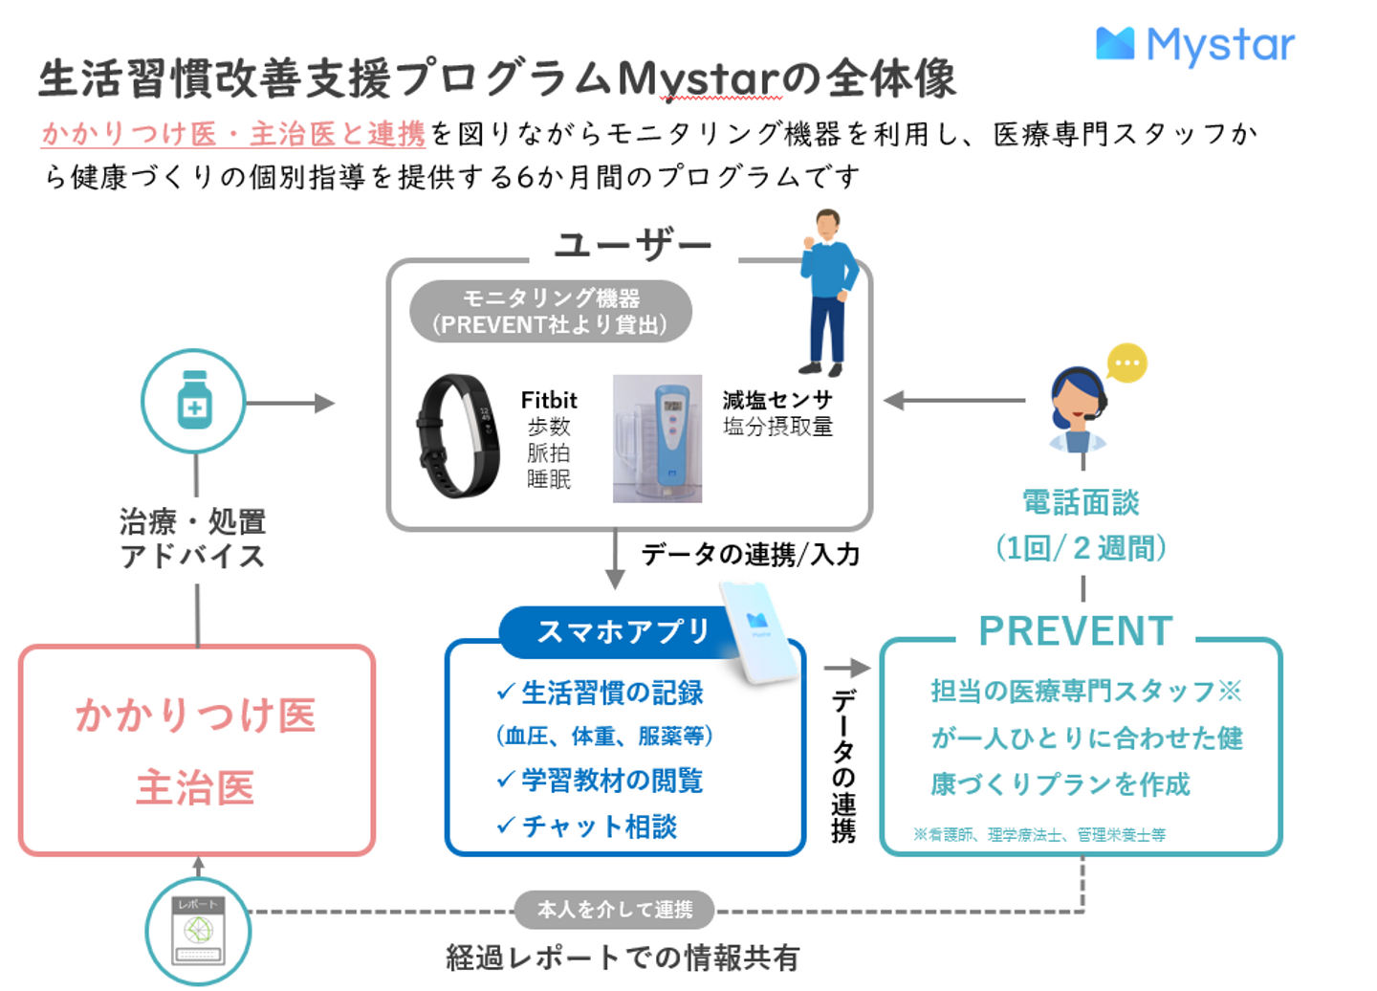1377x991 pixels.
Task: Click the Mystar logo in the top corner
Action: point(1194,45)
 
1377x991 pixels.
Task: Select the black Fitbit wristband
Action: point(456,436)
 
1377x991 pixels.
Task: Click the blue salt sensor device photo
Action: point(658,439)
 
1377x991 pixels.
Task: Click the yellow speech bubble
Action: point(1127,363)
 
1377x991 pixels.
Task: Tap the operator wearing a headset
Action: point(1077,409)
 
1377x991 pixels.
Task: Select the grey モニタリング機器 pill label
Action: point(551,312)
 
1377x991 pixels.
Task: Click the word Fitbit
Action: point(549,400)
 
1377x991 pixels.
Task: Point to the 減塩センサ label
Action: point(777,400)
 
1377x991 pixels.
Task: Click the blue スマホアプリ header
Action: point(623,631)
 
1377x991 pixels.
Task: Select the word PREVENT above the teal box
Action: point(1076,631)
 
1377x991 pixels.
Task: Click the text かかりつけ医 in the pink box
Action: point(196,715)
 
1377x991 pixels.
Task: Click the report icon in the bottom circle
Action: point(198,930)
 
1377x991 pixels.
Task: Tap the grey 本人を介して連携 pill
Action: point(615,910)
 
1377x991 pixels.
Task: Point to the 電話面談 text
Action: point(1081,503)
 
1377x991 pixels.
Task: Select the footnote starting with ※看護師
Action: point(1039,835)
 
